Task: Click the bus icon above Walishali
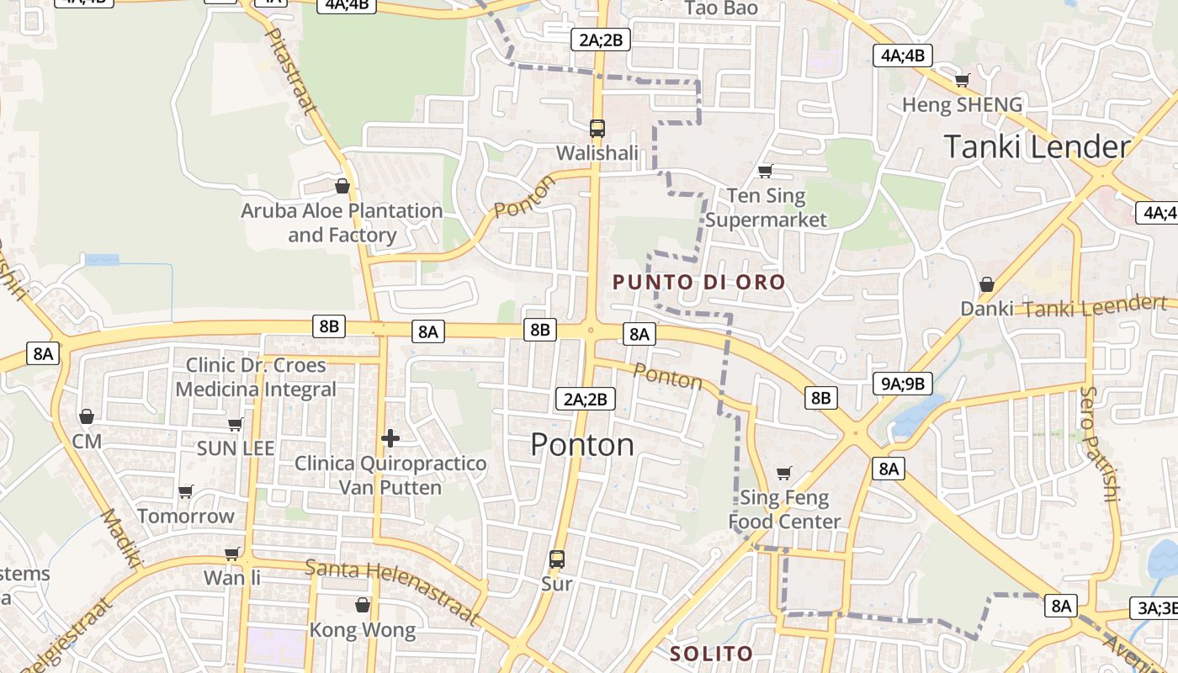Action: pyautogui.click(x=597, y=128)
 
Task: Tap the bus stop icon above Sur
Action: pyautogui.click(x=556, y=559)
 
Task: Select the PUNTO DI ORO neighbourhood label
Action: pyautogui.click(x=698, y=283)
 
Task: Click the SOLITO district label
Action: pyautogui.click(x=711, y=654)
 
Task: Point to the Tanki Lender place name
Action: pyautogui.click(x=1037, y=147)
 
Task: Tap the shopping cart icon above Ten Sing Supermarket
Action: pyautogui.click(x=765, y=172)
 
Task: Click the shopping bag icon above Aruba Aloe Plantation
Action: pyautogui.click(x=342, y=186)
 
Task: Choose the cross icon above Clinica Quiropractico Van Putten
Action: pyautogui.click(x=390, y=438)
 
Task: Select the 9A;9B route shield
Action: pyautogui.click(x=902, y=384)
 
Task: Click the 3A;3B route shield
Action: pyautogui.click(x=1156, y=608)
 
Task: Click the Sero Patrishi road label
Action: pyautogui.click(x=1099, y=443)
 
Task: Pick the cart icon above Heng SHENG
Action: pyautogui.click(x=962, y=81)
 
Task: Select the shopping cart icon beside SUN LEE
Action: pyautogui.click(x=236, y=425)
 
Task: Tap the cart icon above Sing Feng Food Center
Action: pyautogui.click(x=784, y=474)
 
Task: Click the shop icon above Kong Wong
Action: pyautogui.click(x=363, y=605)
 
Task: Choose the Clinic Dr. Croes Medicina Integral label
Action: pyautogui.click(x=256, y=378)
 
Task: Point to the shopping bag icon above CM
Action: pyautogui.click(x=86, y=416)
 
